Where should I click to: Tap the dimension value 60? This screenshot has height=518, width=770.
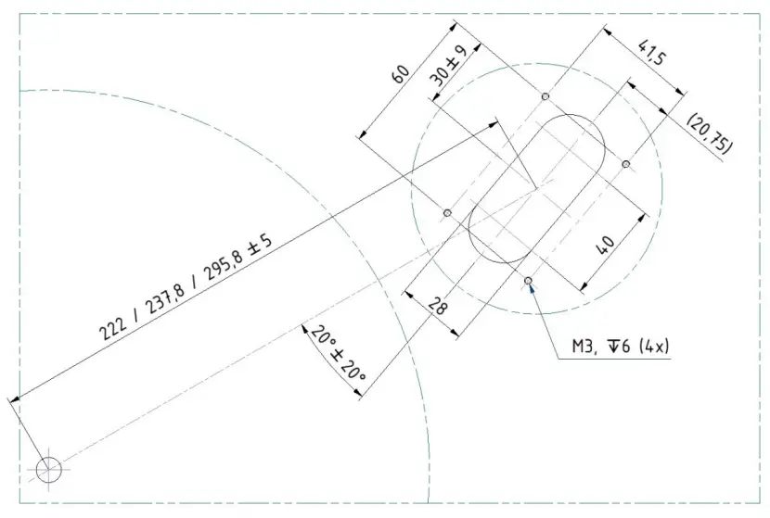[402, 73]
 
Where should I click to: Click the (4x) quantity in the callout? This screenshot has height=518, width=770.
[654, 348]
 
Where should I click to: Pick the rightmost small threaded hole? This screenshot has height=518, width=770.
[626, 164]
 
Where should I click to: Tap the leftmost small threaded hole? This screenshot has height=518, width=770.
[447, 213]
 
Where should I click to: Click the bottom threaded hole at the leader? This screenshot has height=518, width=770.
[528, 280]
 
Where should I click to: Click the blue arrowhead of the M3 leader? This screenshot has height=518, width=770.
[532, 289]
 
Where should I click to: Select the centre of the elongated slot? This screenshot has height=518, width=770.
[536, 188]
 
